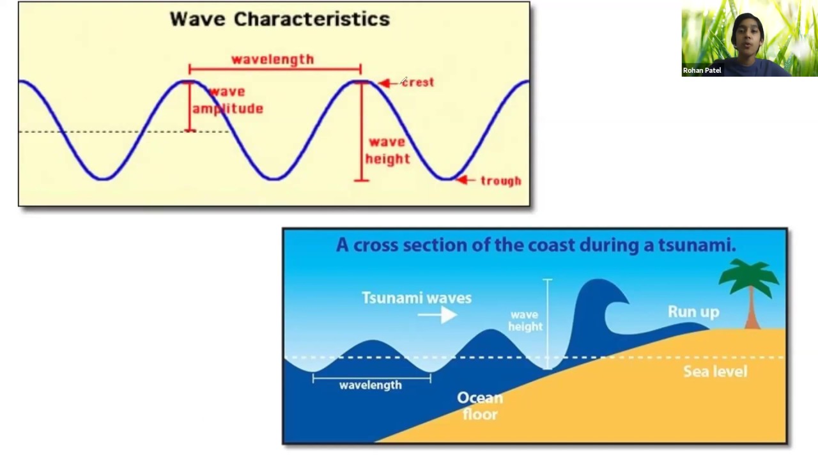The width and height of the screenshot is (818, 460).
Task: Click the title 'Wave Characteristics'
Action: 280,19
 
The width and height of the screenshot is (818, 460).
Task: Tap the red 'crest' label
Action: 418,82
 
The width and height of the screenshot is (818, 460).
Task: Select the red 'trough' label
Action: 500,181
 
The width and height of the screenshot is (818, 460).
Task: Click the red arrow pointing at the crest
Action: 385,83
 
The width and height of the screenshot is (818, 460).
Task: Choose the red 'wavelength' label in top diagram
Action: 273,59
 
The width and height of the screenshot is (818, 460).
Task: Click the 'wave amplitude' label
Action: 228,100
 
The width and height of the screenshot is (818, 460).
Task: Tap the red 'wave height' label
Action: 387,150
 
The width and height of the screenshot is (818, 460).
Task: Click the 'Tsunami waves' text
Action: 417,298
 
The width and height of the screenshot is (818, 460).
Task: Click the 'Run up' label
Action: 693,312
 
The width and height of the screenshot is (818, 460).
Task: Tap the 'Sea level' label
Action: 715,372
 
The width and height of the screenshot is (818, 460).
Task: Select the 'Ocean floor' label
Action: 480,406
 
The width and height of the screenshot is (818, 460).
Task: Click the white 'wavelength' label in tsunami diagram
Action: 371,385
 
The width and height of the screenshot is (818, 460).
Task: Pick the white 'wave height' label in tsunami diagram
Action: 525,321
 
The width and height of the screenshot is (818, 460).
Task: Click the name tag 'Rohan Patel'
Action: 702,70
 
